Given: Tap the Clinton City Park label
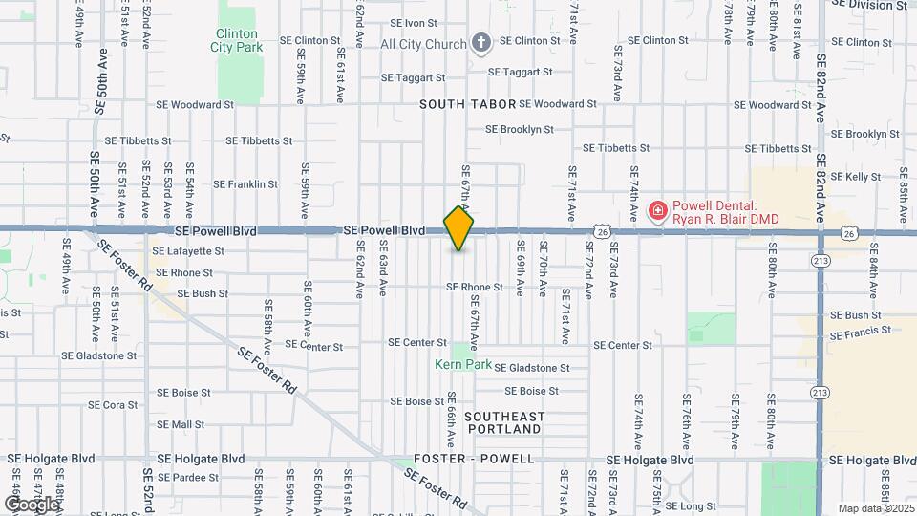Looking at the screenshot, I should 236,39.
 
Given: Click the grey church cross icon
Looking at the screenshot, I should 481,43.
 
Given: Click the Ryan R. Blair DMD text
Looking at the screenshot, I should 725,220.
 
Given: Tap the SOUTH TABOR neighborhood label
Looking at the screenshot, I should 468,103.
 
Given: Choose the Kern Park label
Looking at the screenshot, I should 462,364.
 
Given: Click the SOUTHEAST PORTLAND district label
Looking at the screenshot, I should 503,422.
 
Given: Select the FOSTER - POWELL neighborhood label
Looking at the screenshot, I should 474,460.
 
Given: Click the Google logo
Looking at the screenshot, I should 31,504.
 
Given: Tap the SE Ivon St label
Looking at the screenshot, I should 414,23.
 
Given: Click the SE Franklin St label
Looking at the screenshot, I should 245,184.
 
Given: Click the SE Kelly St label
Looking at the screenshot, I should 855,177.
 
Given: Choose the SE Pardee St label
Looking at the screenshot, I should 188,477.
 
